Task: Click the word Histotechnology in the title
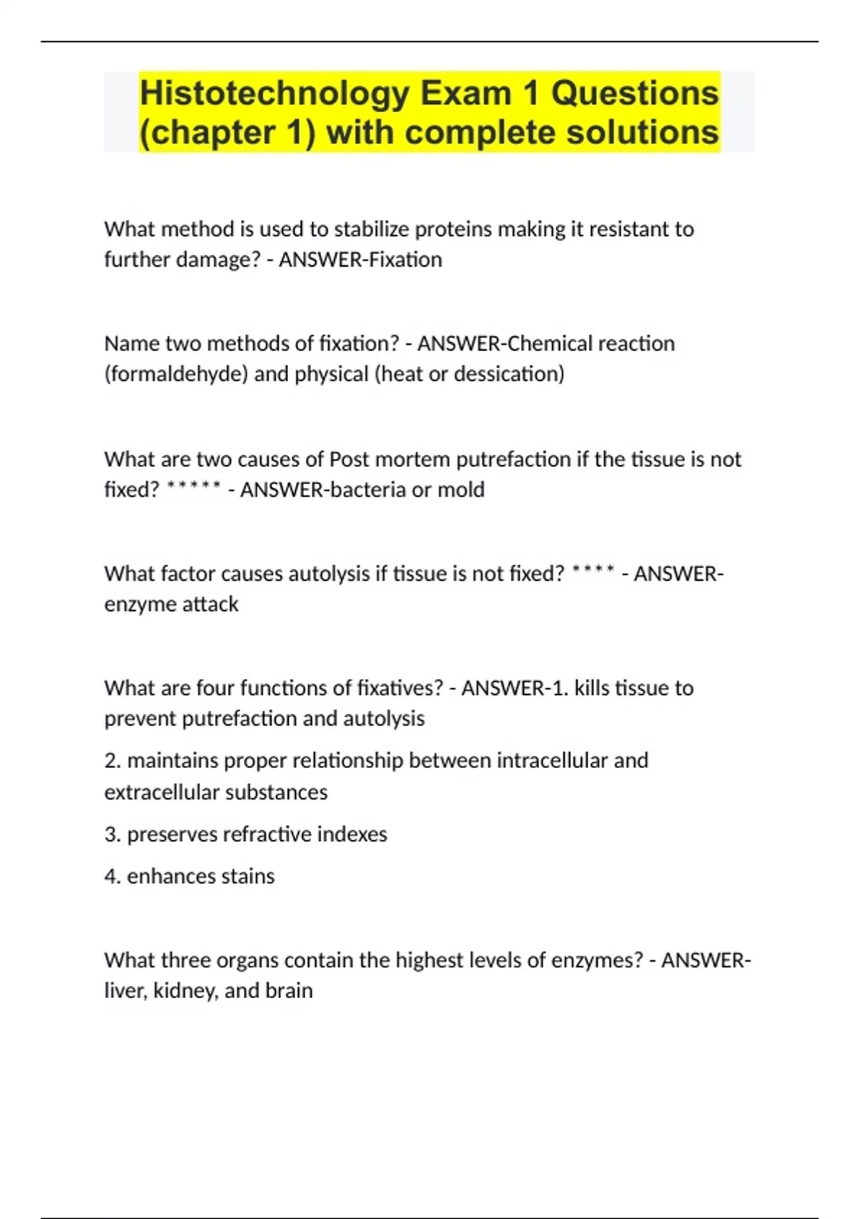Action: click(x=274, y=93)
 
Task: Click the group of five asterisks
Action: click(x=193, y=488)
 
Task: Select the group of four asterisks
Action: click(x=593, y=572)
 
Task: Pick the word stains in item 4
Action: click(x=247, y=876)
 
